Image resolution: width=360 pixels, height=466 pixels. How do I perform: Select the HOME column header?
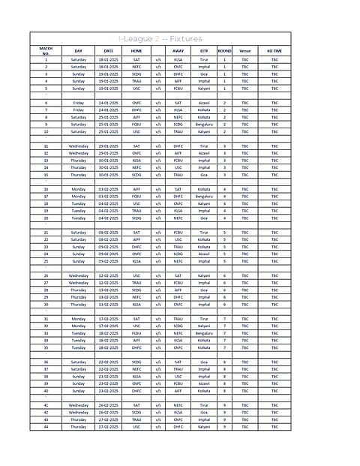click(136, 50)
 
